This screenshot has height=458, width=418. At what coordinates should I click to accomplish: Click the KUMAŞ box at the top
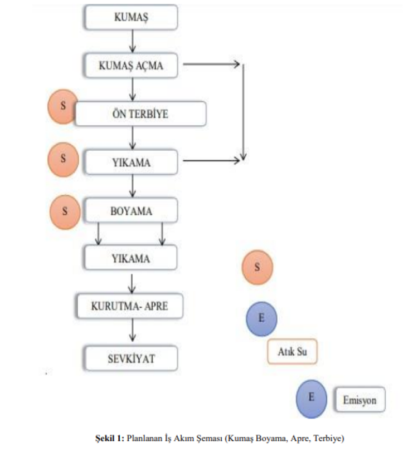click(x=131, y=18)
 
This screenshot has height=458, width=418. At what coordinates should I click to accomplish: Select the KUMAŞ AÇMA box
click(x=131, y=65)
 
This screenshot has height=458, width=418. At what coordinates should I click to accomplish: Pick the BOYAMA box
click(x=131, y=211)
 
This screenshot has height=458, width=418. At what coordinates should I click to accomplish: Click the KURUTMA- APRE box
click(x=130, y=306)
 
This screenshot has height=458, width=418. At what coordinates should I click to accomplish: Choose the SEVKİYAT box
click(x=131, y=358)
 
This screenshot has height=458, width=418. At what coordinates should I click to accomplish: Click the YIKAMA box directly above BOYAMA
click(x=131, y=162)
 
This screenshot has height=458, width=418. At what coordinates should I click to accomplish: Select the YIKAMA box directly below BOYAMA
click(x=131, y=258)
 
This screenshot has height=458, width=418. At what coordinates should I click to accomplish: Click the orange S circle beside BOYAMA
click(x=66, y=212)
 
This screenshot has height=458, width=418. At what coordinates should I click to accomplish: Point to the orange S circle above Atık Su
click(x=257, y=267)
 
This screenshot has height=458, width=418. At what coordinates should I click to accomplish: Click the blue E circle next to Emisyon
click(x=312, y=398)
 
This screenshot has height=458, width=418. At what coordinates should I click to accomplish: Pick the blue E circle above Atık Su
click(x=261, y=318)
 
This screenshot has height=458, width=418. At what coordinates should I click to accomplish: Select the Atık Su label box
click(x=292, y=351)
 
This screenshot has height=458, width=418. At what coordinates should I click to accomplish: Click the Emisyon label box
click(x=359, y=399)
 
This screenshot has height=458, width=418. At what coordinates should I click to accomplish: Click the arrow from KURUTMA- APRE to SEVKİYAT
click(x=132, y=332)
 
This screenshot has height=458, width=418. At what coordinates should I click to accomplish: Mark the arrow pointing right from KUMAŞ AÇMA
click(x=211, y=65)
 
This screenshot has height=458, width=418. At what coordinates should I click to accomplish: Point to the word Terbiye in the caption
click(x=329, y=439)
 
